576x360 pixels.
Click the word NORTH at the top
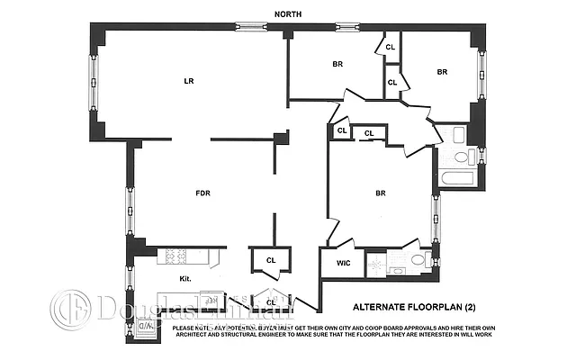(x=290, y=13)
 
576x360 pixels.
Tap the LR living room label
(x=189, y=81)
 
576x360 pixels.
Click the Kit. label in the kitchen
(x=186, y=278)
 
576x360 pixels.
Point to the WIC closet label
(x=343, y=264)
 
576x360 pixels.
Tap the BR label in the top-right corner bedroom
(x=442, y=72)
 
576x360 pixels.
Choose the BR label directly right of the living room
(x=337, y=65)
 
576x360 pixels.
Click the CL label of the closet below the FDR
(x=271, y=261)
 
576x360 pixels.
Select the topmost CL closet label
(x=391, y=47)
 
